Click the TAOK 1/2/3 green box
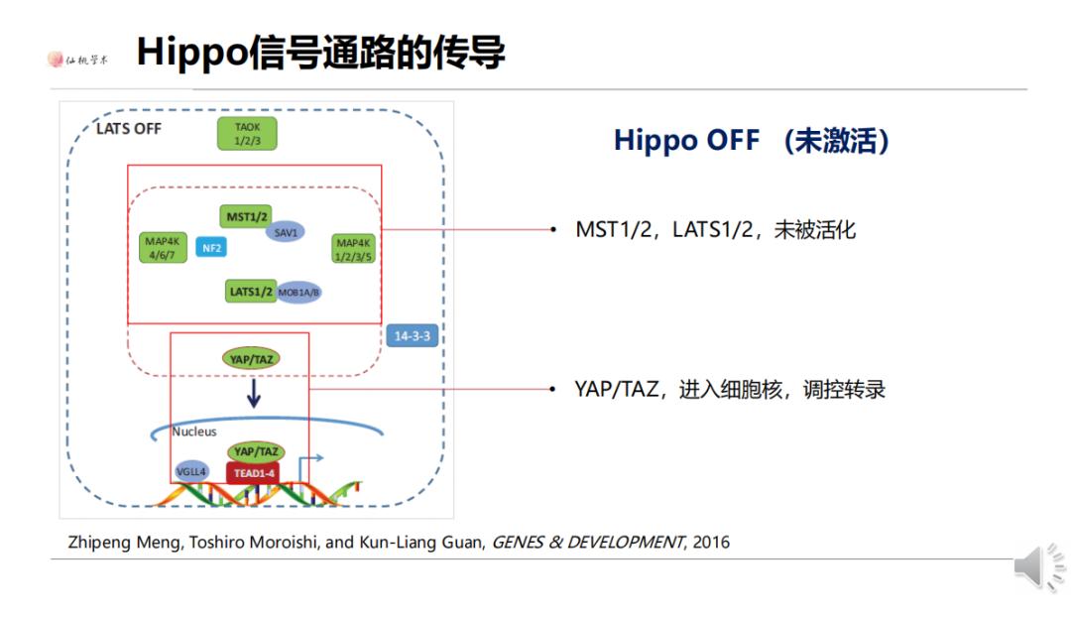coord(247,134)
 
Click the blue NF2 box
coord(211,248)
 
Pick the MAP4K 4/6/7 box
coord(161,248)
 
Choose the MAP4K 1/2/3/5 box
coord(353,249)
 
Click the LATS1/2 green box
coord(251,292)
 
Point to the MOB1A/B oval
coord(299,293)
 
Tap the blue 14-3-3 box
coord(413,336)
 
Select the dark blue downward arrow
coord(253,394)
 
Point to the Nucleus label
coord(194,432)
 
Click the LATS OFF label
coord(128,129)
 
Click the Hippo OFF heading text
coord(751,140)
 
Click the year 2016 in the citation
coord(711,542)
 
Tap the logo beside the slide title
coord(78,59)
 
